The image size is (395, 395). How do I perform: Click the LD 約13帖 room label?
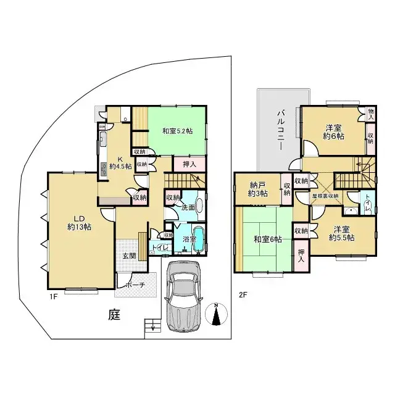(80, 223)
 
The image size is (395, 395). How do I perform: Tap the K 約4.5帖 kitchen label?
(117, 162)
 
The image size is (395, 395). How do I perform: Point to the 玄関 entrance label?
(128, 256)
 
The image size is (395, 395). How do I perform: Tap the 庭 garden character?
(114, 315)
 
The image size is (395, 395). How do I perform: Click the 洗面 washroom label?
(188, 207)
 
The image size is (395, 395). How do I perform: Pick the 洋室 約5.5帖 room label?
(341, 233)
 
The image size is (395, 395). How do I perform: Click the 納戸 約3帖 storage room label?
(258, 189)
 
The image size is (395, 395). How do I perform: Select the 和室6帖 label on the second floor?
(266, 239)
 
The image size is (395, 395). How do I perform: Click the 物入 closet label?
(370, 113)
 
